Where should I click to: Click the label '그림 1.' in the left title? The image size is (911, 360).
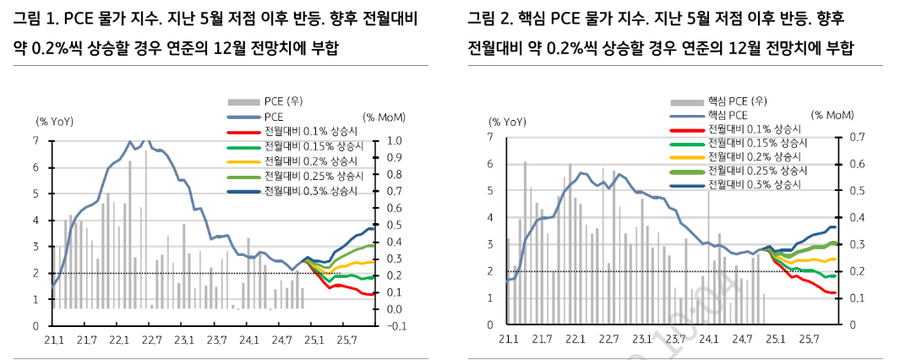click(32, 19)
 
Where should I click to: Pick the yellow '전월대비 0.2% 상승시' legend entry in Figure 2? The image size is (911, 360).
click(754, 156)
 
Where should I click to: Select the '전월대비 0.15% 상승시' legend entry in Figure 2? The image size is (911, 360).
click(754, 143)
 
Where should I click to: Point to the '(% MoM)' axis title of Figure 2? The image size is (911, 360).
click(832, 114)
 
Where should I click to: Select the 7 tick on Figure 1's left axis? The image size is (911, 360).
click(36, 141)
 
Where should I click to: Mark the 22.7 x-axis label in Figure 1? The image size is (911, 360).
click(150, 341)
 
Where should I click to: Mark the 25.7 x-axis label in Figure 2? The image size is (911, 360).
click(809, 340)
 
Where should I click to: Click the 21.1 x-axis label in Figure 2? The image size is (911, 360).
click(507, 340)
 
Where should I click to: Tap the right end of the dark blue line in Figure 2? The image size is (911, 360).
click(835, 226)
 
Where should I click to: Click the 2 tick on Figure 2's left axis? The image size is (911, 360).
click(491, 271)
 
